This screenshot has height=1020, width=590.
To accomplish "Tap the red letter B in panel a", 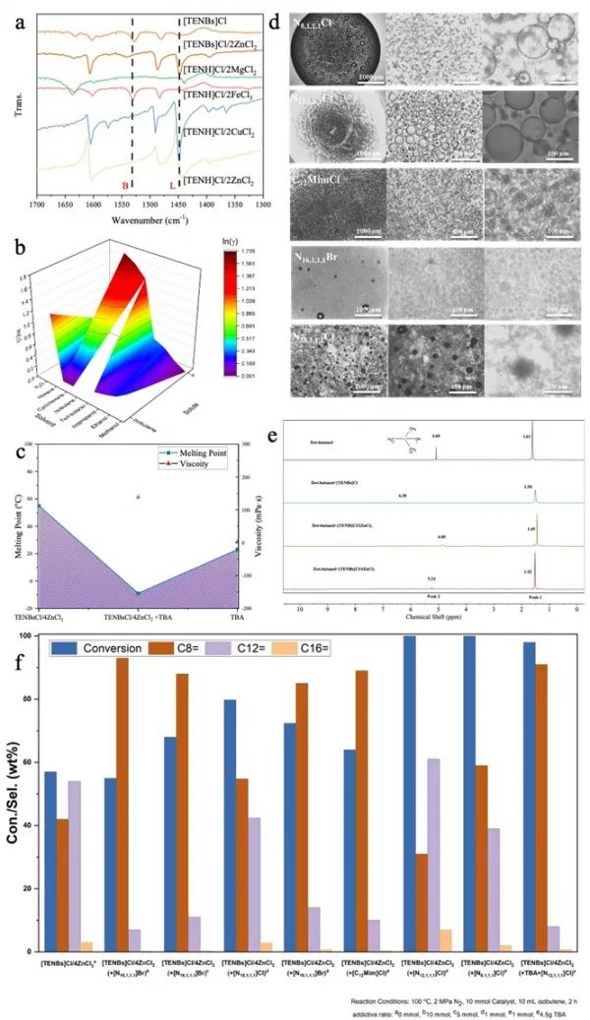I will tap(124, 184).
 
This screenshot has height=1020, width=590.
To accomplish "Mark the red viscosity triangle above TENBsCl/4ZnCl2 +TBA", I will tap(139, 497).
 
